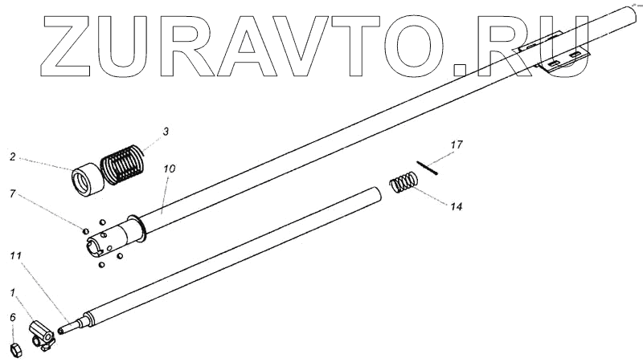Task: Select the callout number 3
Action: (x=166, y=130)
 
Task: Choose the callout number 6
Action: (x=12, y=318)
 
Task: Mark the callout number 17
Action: (x=457, y=145)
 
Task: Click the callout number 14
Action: (x=456, y=207)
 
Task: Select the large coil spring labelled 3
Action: (x=125, y=162)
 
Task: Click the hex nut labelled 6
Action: (x=14, y=348)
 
